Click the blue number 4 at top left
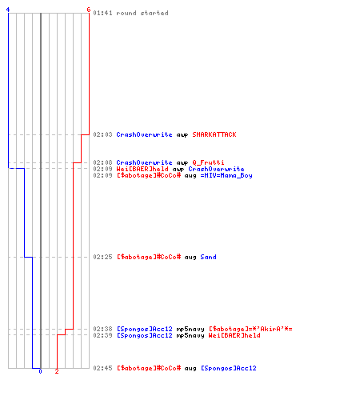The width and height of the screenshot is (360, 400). [x=8, y=10]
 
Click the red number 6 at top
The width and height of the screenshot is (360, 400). [x=89, y=10]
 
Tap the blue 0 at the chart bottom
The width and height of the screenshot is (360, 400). [x=40, y=371]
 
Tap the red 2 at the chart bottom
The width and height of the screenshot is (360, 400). [x=57, y=371]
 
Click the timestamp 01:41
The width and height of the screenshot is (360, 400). [x=102, y=13]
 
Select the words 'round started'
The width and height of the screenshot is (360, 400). [x=142, y=13]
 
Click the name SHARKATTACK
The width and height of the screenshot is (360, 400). [x=214, y=134]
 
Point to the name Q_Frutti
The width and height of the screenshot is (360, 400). [x=208, y=162]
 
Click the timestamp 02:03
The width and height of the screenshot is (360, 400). [x=102, y=134]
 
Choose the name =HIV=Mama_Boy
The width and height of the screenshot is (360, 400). [x=226, y=175]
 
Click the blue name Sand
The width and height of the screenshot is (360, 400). [x=208, y=257]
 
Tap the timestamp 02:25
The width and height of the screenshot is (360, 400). [x=102, y=257]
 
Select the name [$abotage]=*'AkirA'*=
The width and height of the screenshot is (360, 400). [x=250, y=329]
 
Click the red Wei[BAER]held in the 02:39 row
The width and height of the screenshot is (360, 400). [x=234, y=335]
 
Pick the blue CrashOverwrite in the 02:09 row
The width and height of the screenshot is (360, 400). [x=216, y=169]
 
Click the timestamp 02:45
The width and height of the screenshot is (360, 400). [x=102, y=368]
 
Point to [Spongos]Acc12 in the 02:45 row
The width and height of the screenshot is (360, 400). [x=229, y=368]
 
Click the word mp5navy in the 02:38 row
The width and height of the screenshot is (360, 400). [x=190, y=329]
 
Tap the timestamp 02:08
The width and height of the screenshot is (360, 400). [x=102, y=162]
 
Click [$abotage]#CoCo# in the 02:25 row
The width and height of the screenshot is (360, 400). [x=149, y=257]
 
